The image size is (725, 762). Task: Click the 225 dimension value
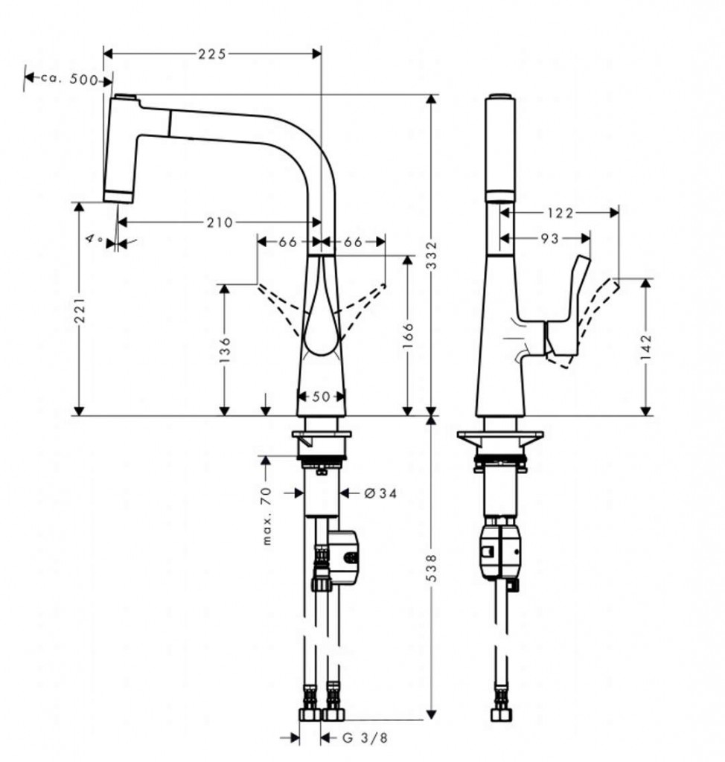click(x=212, y=54)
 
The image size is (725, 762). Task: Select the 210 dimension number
click(x=220, y=222)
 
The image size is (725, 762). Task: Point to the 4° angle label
click(x=95, y=239)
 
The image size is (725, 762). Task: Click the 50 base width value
click(x=321, y=397)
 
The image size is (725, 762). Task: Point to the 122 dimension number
click(x=559, y=213)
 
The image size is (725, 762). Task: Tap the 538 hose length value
click(x=432, y=567)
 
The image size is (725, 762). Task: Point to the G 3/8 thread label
click(x=364, y=738)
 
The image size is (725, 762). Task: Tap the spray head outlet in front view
click(x=118, y=196)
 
